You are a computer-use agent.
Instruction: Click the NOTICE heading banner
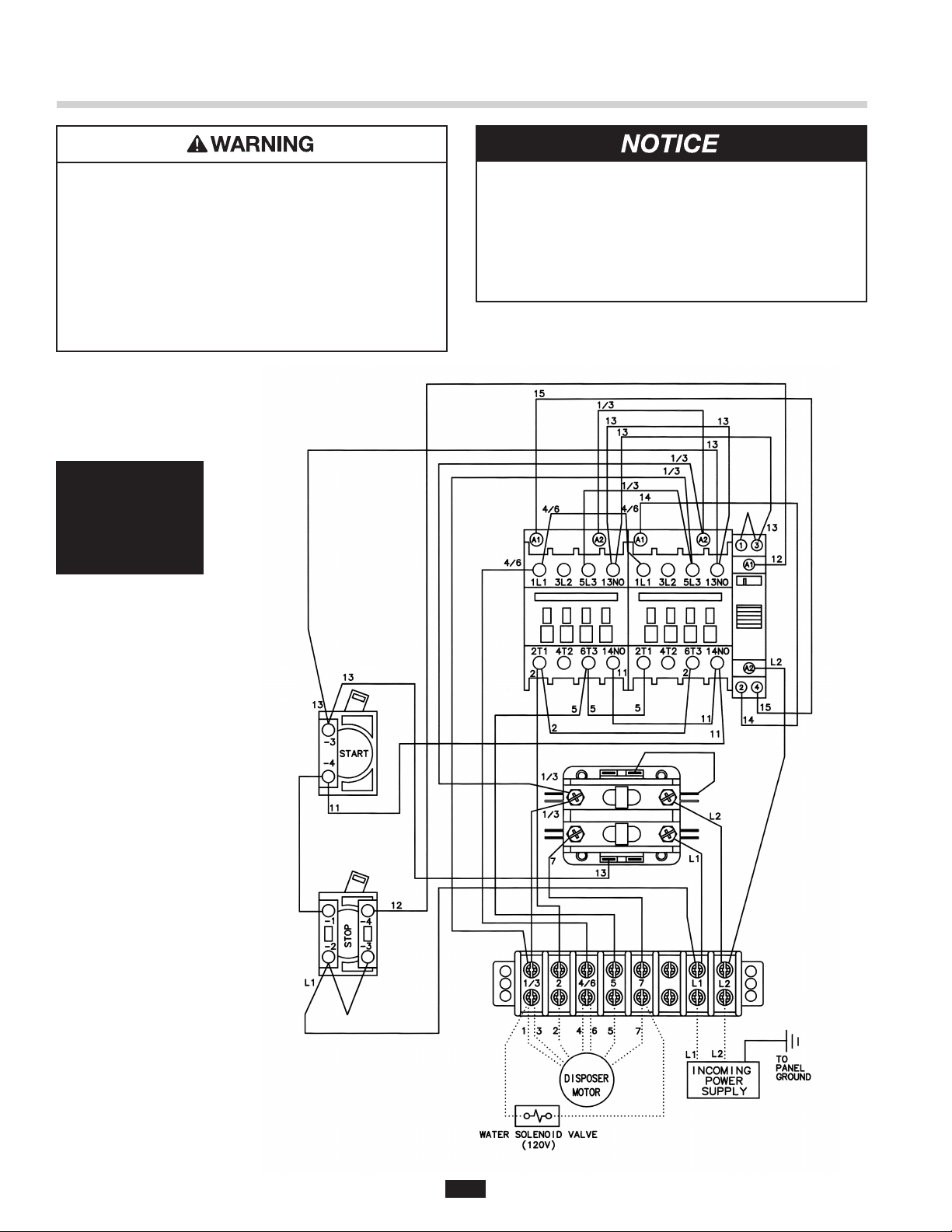[x=671, y=144]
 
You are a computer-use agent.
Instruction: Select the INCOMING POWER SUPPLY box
[x=723, y=1080]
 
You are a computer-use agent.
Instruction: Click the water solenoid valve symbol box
[x=537, y=1115]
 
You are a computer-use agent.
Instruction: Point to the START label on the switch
[x=354, y=753]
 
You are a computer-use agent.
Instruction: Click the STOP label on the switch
[x=348, y=936]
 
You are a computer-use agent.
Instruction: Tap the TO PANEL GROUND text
[x=793, y=1068]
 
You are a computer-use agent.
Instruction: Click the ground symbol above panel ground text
[x=792, y=1041]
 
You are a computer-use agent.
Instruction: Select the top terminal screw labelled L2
[x=724, y=969]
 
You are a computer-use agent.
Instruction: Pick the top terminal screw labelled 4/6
[x=586, y=969]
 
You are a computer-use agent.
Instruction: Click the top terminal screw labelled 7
[x=641, y=969]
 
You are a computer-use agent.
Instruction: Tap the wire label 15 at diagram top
[x=539, y=393]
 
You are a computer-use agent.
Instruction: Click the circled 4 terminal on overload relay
[x=756, y=688]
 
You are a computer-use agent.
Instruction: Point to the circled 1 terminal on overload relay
[x=741, y=546]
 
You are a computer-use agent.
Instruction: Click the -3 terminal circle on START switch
[x=328, y=730]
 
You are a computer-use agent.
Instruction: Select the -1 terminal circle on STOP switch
[x=328, y=910]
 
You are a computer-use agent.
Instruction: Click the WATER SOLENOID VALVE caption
[x=538, y=1135]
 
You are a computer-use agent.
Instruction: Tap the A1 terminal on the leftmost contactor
[x=536, y=539]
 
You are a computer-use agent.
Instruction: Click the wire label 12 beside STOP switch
[x=396, y=906]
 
